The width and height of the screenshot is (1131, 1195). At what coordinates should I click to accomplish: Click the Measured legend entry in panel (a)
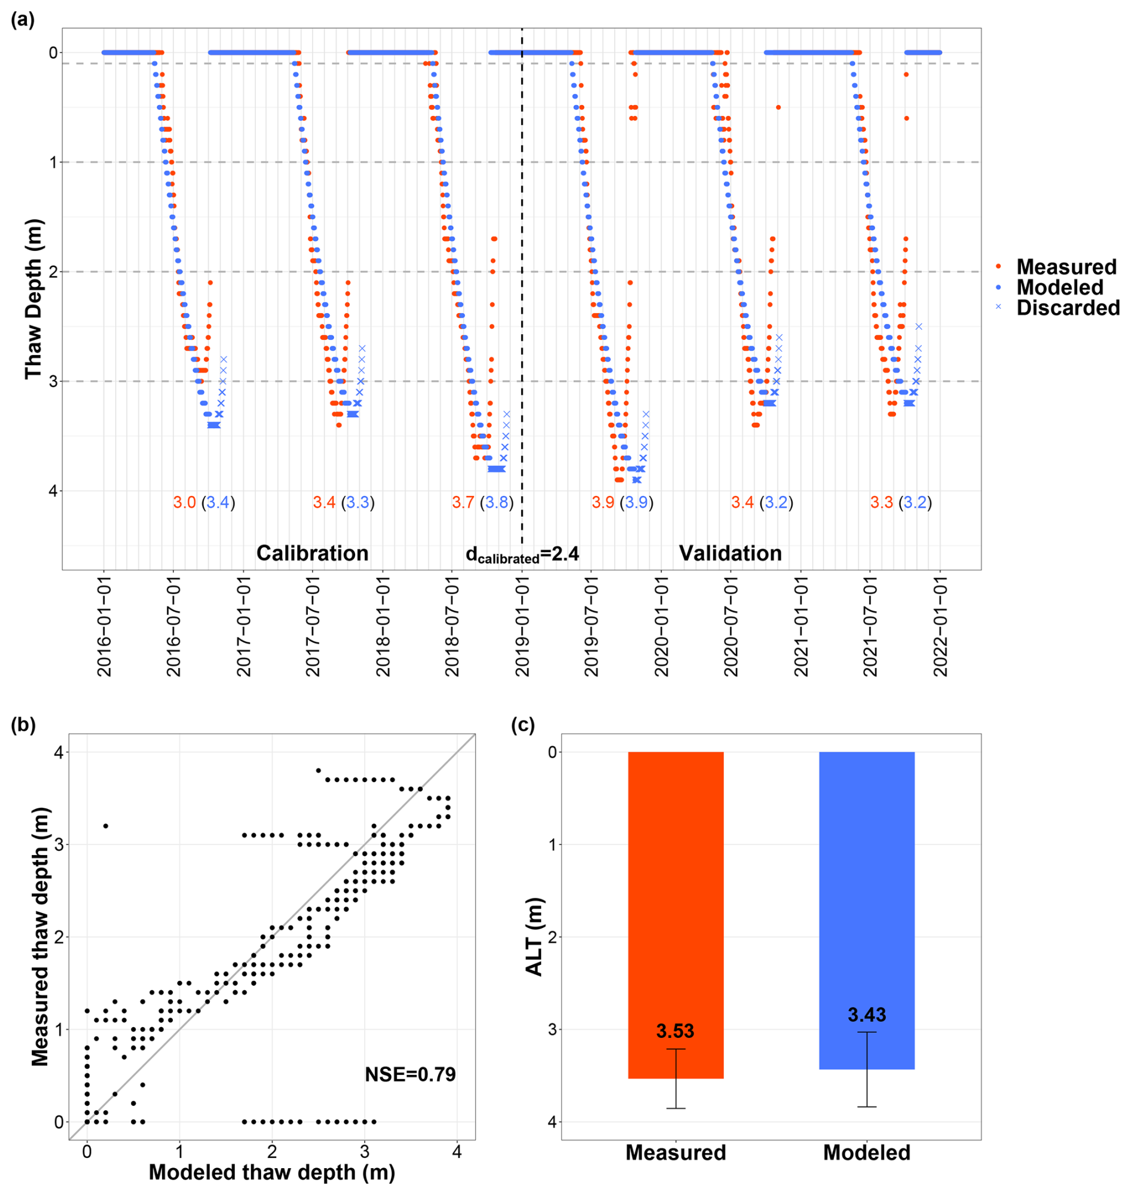pos(1066,267)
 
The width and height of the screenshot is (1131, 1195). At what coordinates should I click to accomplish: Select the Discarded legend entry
pos(1068,308)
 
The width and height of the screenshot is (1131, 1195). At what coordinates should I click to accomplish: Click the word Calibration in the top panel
pos(312,553)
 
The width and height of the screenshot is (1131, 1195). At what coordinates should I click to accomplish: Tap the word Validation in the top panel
pos(730,553)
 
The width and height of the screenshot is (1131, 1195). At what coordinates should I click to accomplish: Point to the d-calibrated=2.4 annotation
pos(522,554)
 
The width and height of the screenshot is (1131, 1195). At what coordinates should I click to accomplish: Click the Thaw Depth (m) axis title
pos(33,299)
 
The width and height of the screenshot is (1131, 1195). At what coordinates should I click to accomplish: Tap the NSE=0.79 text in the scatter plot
pos(410,1074)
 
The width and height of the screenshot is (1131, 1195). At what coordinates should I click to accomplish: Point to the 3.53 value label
pos(675,1031)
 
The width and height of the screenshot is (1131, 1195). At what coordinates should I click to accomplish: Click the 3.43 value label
pos(866,1015)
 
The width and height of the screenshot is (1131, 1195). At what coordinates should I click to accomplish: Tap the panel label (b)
pos(23,725)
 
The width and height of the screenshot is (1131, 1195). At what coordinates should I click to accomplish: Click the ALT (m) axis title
pos(535,937)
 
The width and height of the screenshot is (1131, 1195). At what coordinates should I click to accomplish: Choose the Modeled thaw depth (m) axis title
pos(272,1172)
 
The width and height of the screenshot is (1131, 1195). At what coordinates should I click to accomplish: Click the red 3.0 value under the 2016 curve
pos(185,502)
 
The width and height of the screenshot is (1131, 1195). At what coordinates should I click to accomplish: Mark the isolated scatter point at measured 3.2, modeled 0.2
pos(105,826)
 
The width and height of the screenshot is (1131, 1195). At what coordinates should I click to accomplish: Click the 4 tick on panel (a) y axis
pos(53,491)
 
